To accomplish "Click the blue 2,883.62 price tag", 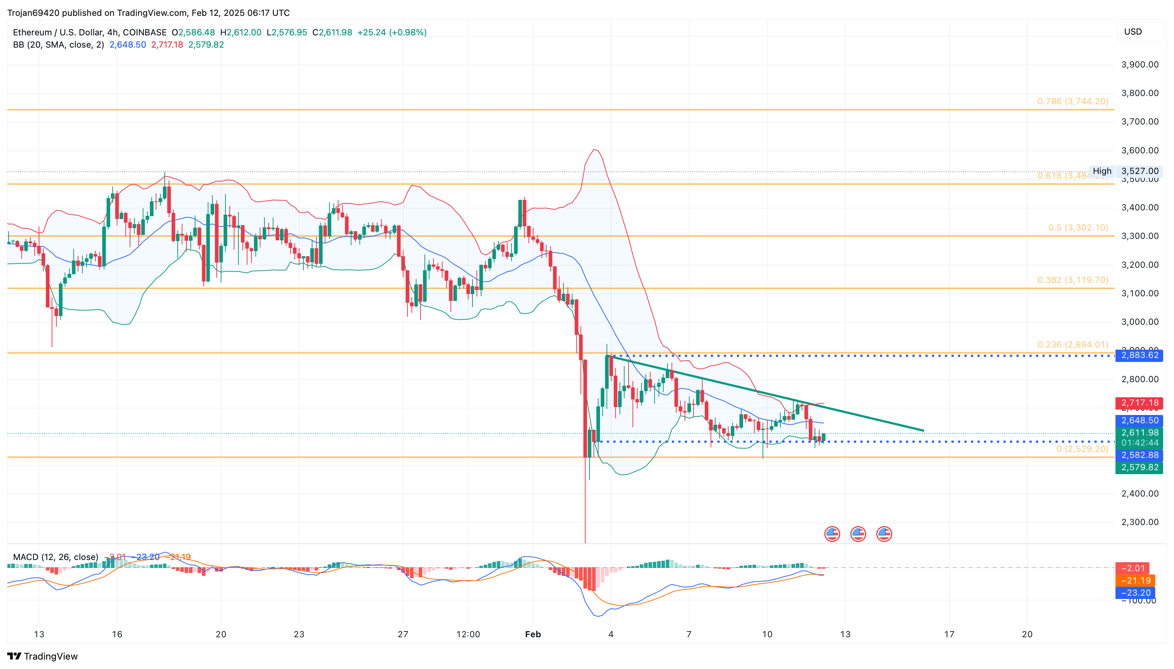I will pos(1139,355).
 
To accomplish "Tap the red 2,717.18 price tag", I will pos(1139,403).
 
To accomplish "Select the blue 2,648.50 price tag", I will pos(1139,420).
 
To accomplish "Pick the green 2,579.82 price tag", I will pos(1139,467).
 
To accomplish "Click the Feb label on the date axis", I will pos(533,634).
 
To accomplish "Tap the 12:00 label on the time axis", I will pos(468,634).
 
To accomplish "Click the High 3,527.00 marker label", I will pos(1126,171).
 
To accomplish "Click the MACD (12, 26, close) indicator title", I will pos(56,557).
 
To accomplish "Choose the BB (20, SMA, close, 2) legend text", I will pos(59,45).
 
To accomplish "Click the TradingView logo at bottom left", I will pos(43,656).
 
